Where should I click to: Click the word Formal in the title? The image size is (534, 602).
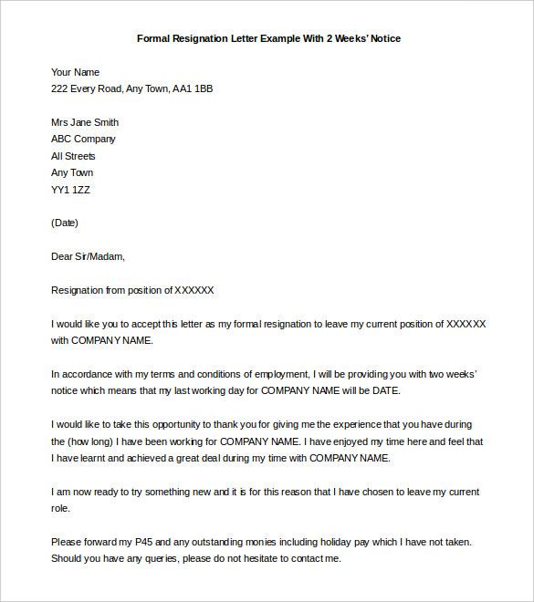point(153,38)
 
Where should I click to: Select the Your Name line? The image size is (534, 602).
point(76,72)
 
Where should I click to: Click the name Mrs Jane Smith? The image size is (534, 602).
point(85,122)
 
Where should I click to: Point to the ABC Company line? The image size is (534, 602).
point(83,139)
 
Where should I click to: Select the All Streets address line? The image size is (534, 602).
point(73,156)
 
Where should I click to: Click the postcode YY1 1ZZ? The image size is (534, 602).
point(71,190)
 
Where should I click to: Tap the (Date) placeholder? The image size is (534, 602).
point(65,223)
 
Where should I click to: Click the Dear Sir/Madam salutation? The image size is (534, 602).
point(88,256)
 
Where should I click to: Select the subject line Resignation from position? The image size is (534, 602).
point(132,290)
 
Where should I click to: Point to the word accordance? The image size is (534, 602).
point(90,374)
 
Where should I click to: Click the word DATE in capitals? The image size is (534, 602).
point(384,390)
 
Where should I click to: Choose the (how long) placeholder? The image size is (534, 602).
point(92,441)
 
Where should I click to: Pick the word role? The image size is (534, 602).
point(60,508)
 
